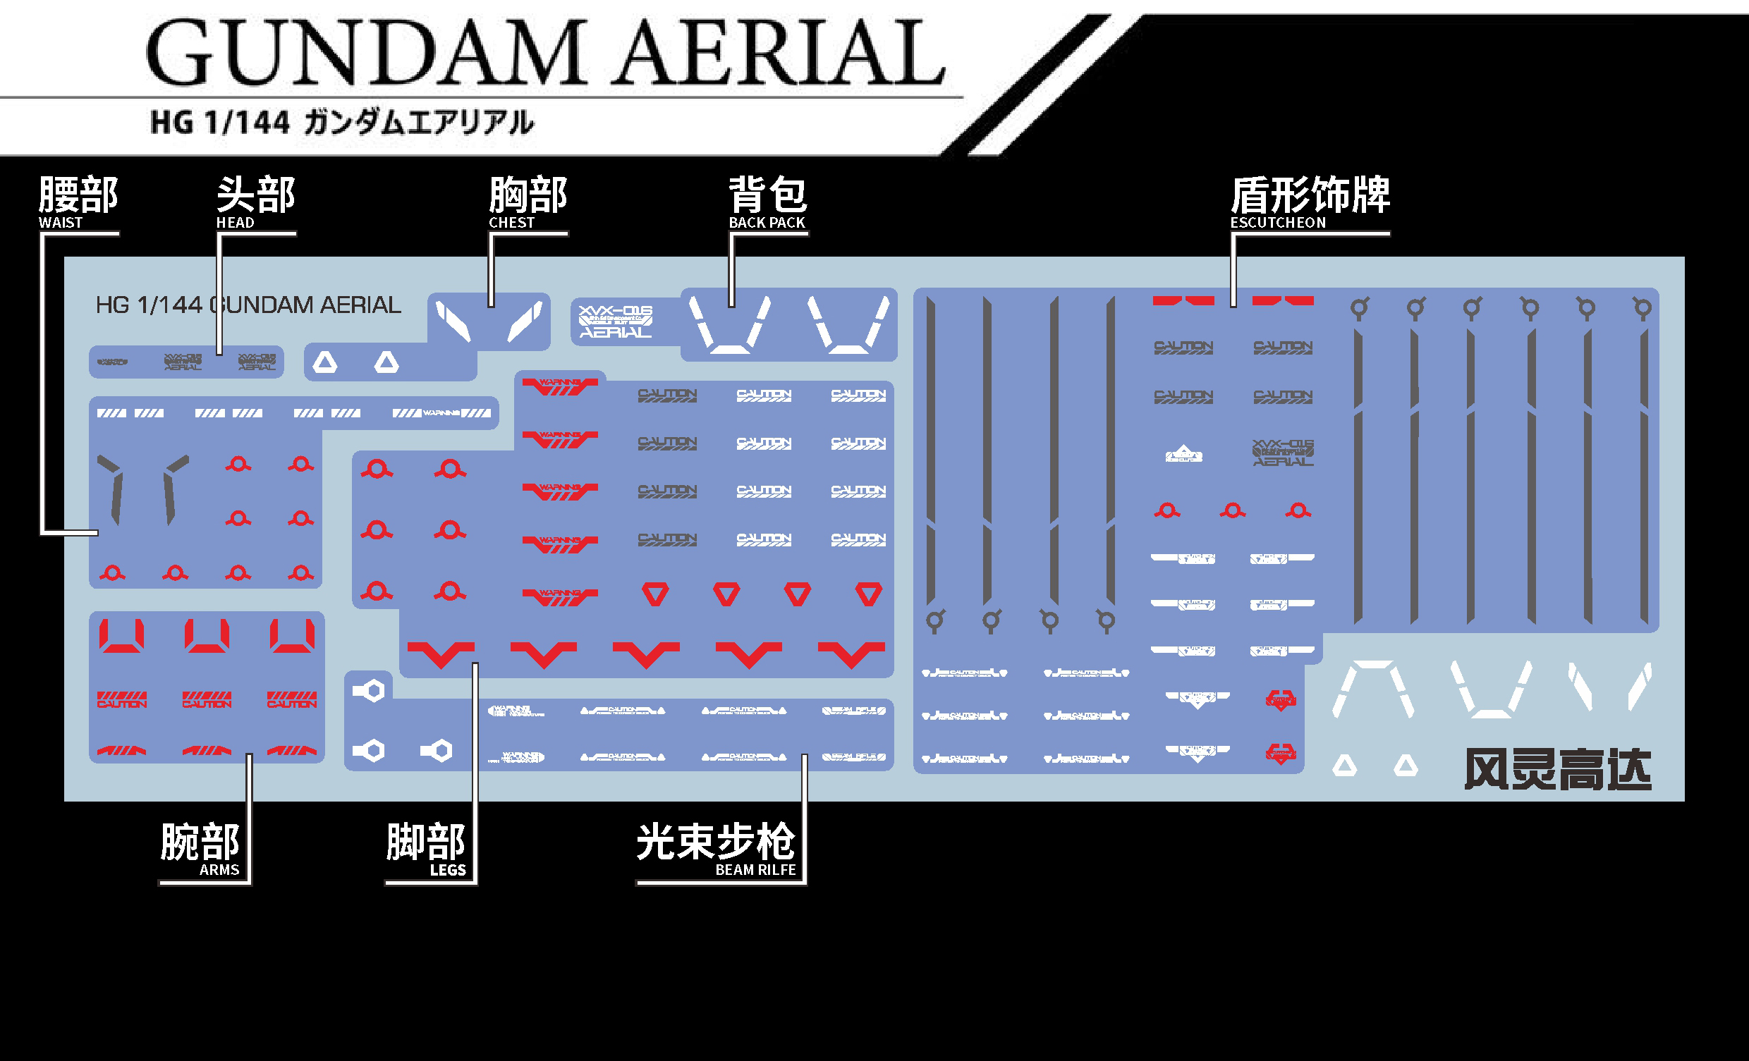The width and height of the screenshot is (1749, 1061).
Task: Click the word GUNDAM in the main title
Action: click(365, 54)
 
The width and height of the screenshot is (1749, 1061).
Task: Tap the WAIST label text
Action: click(61, 223)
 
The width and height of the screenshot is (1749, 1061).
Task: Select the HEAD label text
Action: click(235, 223)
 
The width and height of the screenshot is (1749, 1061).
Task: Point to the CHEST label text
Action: click(511, 223)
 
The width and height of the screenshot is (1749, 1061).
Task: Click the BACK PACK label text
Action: click(767, 223)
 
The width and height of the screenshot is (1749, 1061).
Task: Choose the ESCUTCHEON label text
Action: click(1278, 223)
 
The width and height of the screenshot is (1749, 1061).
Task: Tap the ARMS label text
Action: click(219, 870)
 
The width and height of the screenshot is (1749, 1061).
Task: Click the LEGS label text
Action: click(448, 870)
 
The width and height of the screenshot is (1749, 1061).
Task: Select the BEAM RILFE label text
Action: click(755, 870)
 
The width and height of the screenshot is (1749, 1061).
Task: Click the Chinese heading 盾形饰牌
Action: click(1310, 195)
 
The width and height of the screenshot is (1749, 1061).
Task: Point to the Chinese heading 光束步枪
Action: click(716, 842)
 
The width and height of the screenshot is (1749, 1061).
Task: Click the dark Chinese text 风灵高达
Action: click(1557, 770)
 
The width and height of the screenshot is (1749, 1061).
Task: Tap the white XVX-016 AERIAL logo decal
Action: click(616, 321)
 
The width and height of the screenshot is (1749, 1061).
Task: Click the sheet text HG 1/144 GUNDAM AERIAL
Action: click(248, 305)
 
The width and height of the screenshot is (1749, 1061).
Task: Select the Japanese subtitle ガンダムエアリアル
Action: click(419, 122)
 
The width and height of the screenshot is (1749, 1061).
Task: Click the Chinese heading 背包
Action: click(768, 195)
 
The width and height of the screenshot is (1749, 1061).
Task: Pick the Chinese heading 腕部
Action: click(200, 842)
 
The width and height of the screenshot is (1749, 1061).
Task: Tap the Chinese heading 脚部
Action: click(426, 842)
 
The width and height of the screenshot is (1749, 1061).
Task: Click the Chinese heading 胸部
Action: click(528, 195)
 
